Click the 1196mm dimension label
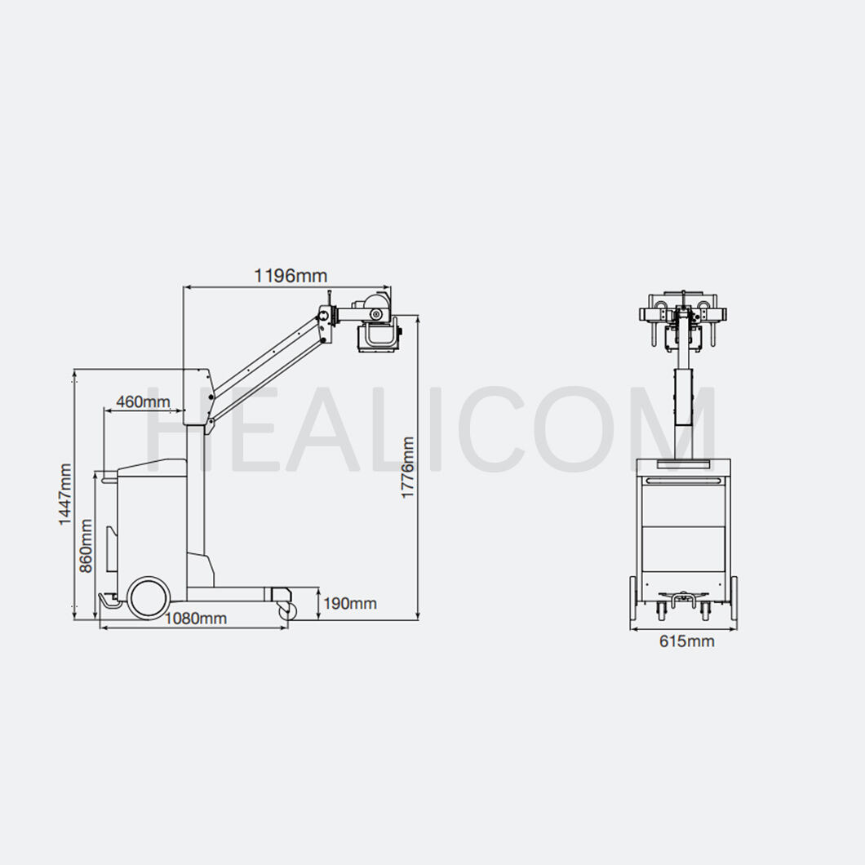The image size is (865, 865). (291, 275)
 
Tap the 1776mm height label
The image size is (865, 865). (408, 468)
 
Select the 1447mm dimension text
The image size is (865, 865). (65, 494)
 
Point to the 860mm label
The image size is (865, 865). (86, 546)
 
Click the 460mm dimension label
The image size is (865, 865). (143, 401)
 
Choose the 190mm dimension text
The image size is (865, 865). (350, 604)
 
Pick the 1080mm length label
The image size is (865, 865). (196, 619)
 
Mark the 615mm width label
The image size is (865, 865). (687, 641)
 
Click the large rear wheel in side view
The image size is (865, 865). (148, 597)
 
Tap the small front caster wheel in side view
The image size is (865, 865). (287, 610)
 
